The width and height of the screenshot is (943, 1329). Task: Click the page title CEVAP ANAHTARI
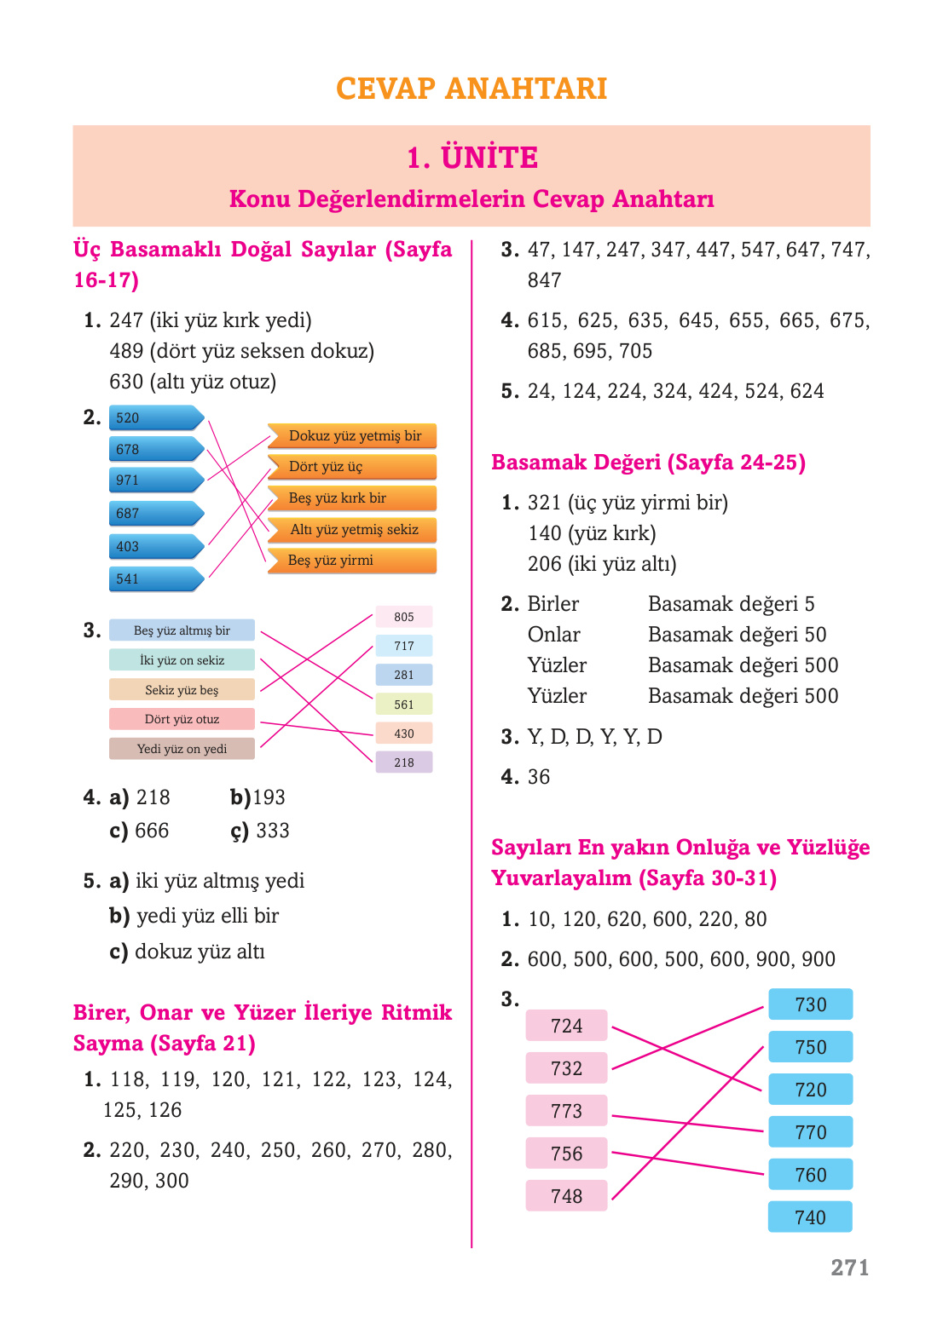pyautogui.click(x=471, y=89)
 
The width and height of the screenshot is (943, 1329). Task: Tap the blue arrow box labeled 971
pyautogui.click(x=155, y=480)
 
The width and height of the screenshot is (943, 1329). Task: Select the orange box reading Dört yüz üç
pyautogui.click(x=351, y=467)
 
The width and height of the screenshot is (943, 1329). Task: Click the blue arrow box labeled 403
pyautogui.click(x=155, y=547)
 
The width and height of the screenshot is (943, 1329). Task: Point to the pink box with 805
pyautogui.click(x=404, y=617)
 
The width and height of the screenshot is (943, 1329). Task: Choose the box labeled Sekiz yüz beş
pyautogui.click(x=182, y=690)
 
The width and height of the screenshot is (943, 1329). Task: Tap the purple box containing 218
pyautogui.click(x=404, y=762)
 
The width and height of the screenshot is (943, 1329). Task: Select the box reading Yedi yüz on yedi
pyautogui.click(x=182, y=749)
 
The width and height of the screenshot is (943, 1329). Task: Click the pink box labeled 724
pyautogui.click(x=566, y=1026)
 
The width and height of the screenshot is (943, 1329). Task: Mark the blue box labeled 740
pyautogui.click(x=810, y=1217)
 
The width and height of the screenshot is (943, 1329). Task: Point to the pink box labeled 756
pyautogui.click(x=566, y=1154)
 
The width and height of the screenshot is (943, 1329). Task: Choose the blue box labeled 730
pyautogui.click(x=810, y=1004)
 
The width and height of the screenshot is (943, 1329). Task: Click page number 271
pyautogui.click(x=849, y=1268)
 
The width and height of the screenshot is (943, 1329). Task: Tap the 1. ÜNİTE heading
pyautogui.click(x=471, y=158)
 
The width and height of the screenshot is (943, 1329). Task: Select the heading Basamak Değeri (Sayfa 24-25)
pyautogui.click(x=648, y=463)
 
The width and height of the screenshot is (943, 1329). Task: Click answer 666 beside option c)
pyautogui.click(x=152, y=831)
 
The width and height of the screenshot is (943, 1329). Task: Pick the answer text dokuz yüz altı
pyautogui.click(x=200, y=952)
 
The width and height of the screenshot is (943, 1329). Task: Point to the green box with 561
pyautogui.click(x=404, y=705)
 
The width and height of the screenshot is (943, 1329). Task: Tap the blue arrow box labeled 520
pyautogui.click(x=155, y=418)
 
